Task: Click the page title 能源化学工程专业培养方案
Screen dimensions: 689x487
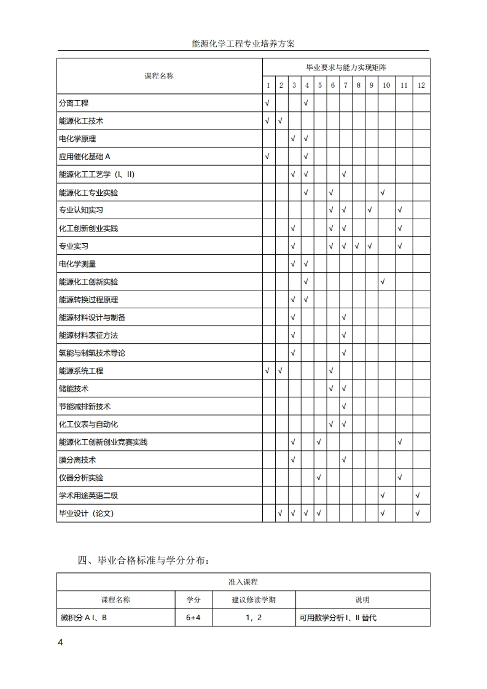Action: [243, 44]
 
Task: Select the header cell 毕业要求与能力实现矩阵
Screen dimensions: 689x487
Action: [346, 67]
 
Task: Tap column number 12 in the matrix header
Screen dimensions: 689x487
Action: [421, 85]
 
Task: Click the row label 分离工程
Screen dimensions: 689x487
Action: [74, 103]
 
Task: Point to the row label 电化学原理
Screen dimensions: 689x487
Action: [77, 139]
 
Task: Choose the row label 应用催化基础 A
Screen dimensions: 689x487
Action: [85, 157]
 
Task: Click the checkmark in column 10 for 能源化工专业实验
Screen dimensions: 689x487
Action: [383, 193]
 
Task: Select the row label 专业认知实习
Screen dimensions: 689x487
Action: [81, 210]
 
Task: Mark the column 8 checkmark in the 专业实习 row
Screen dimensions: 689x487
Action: [357, 246]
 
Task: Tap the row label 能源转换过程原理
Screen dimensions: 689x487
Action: [88, 300]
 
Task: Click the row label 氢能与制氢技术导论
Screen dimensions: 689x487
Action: [92, 353]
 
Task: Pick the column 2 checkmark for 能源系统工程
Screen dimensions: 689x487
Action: [280, 371]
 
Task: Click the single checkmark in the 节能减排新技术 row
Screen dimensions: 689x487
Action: [344, 407]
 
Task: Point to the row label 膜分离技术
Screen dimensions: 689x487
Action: [77, 460]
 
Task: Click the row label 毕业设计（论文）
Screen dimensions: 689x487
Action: [87, 513]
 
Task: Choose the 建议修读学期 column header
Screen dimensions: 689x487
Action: [254, 600]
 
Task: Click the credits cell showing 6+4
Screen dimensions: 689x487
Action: [193, 618]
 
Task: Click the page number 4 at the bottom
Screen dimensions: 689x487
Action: [60, 642]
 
